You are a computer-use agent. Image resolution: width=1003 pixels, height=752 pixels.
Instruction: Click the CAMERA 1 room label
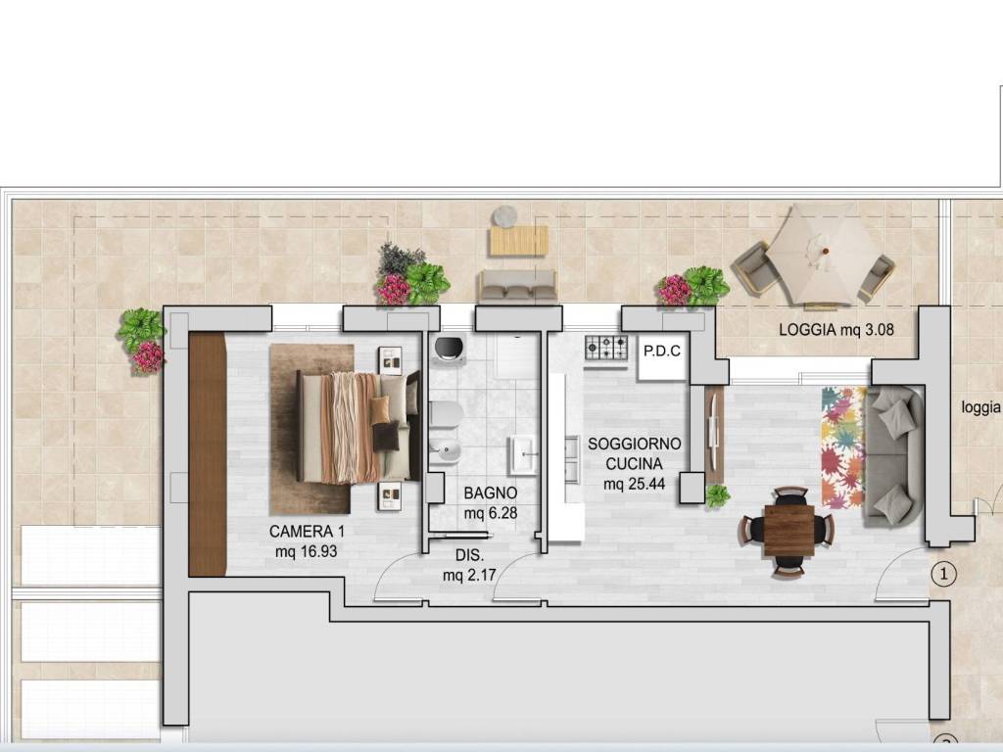tap(307, 540)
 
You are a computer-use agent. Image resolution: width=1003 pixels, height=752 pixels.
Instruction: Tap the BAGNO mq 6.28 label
tap(491, 502)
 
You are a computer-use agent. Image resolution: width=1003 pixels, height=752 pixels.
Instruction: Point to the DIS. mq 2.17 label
tap(469, 565)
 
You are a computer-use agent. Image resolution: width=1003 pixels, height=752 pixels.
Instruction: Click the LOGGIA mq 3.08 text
tap(836, 330)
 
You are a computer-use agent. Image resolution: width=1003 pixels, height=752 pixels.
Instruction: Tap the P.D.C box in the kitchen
tap(662, 356)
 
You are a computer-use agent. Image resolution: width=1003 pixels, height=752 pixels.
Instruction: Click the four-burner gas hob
tap(605, 348)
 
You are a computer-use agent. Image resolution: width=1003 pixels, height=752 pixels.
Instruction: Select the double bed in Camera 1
tap(358, 427)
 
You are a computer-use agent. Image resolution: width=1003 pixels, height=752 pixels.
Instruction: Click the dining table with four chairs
tap(788, 531)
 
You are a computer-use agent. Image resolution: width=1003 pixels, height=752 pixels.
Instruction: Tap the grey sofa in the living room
tap(893, 456)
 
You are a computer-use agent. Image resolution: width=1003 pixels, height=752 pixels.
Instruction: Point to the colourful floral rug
tap(843, 446)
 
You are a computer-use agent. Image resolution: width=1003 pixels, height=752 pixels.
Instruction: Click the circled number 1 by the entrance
tap(943, 574)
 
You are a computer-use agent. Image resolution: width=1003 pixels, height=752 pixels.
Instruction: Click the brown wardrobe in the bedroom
tap(208, 454)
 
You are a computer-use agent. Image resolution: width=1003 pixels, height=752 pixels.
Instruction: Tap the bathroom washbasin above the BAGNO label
tap(522, 454)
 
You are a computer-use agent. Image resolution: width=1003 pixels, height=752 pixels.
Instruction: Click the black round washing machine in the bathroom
tap(451, 349)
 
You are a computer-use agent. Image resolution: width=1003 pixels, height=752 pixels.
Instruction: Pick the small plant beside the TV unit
tap(718, 494)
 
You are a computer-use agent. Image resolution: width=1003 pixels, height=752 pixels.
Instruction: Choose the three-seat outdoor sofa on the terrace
tap(517, 286)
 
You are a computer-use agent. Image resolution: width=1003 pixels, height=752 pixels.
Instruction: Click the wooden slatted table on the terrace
tap(519, 241)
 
